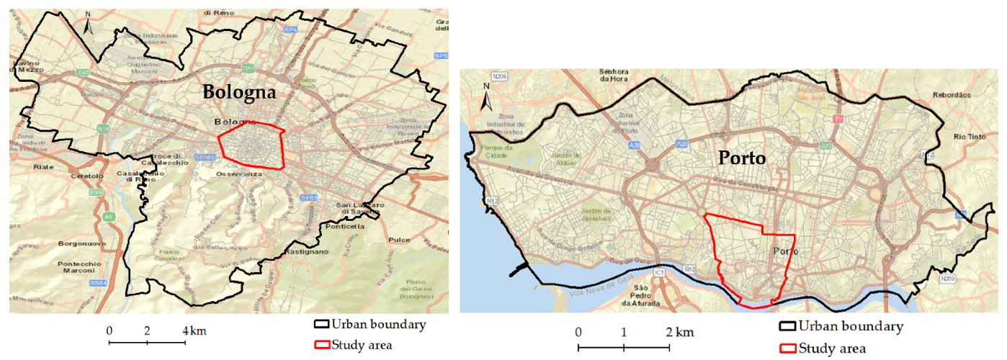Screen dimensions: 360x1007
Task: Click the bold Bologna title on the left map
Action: pyautogui.click(x=239, y=92)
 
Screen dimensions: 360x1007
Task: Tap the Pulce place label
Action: pyautogui.click(x=398, y=240)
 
